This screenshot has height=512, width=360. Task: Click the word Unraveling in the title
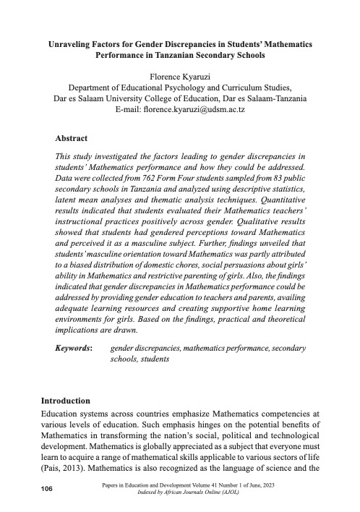(67, 45)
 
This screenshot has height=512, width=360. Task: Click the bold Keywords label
(74, 348)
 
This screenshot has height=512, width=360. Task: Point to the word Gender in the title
(151, 45)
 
